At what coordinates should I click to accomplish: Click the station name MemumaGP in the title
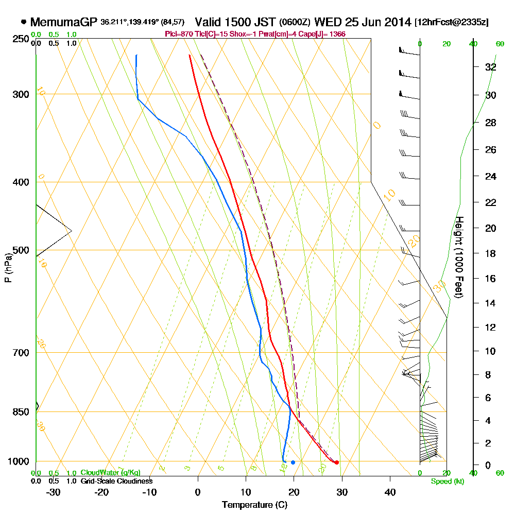[x=64, y=22]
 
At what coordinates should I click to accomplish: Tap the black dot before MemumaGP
[x=24, y=22]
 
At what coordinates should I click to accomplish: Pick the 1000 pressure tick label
[x=18, y=461]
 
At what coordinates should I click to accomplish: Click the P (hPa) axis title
[x=8, y=267]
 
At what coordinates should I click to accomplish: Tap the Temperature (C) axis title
[x=254, y=505]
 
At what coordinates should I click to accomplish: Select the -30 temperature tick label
[x=53, y=492]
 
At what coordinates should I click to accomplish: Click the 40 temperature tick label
[x=390, y=492]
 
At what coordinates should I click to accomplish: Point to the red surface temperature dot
[x=336, y=462]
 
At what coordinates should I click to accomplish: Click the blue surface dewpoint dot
[x=293, y=462]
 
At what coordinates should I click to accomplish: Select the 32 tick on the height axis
[x=491, y=67]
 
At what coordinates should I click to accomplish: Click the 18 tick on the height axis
[x=491, y=253]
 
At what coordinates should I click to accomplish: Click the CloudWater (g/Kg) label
[x=110, y=472]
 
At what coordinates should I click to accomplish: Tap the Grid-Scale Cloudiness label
[x=116, y=480]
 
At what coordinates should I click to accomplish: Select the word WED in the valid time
[x=327, y=22]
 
